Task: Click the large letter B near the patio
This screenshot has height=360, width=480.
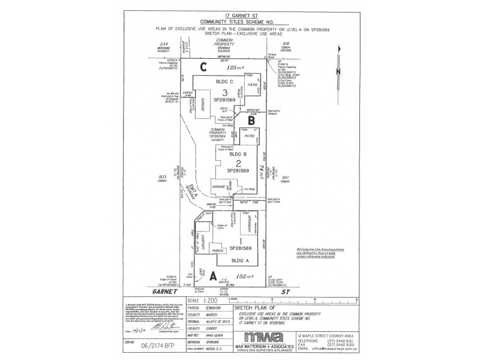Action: (x=252, y=120)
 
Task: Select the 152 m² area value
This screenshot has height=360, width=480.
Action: (x=238, y=277)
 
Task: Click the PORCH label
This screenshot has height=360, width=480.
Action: (x=218, y=250)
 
